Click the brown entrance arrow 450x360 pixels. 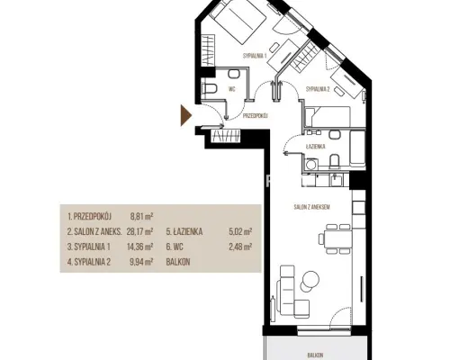tap(185, 115)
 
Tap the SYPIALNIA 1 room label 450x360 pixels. tap(255, 56)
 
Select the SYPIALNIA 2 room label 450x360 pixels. tap(318, 89)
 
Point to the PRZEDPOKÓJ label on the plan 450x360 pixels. tap(256, 115)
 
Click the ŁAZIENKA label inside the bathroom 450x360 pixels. tap(316, 147)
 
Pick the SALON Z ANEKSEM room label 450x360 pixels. tap(312, 207)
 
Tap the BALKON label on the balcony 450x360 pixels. tap(315, 355)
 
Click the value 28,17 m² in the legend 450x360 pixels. tap(140, 231)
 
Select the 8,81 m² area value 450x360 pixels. tap(142, 216)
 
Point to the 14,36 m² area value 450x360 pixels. tap(140, 247)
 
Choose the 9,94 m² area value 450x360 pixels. tap(141, 262)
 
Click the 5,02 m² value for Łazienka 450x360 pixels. tap(240, 231)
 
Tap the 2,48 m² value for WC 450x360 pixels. tap(240, 247)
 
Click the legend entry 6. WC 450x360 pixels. tap(175, 247)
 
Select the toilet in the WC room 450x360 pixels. tap(210, 89)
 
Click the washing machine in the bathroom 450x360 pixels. tap(310, 164)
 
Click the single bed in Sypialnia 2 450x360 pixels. tap(328, 117)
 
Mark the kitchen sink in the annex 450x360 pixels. tap(337, 181)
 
